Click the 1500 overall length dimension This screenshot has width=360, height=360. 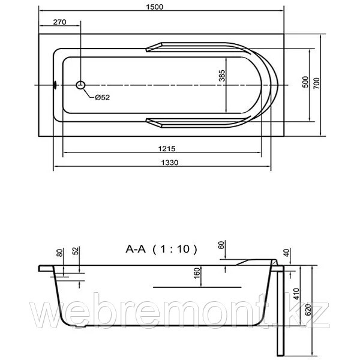(x=155, y=7)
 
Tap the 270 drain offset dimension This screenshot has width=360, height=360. (x=59, y=22)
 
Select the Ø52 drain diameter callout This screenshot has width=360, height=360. (x=103, y=98)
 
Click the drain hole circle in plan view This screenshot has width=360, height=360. (x=80, y=85)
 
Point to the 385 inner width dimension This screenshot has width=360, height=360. (x=222, y=76)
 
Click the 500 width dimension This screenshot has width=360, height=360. (x=305, y=82)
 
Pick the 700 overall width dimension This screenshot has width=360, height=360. (x=316, y=83)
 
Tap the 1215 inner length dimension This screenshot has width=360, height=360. (x=167, y=149)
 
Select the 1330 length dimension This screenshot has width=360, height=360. (x=169, y=163)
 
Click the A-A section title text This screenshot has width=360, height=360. (x=136, y=249)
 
